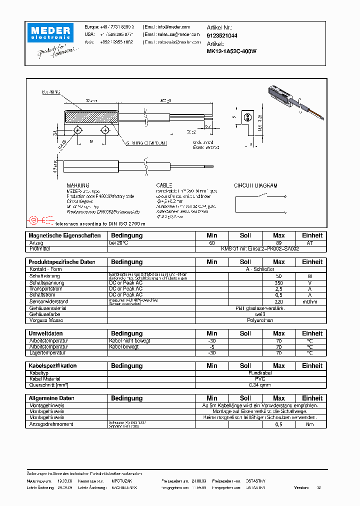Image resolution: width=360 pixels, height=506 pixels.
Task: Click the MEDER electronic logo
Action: pyautogui.click(x=52, y=33)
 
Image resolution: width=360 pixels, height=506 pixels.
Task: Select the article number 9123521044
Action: pyautogui.click(x=222, y=35)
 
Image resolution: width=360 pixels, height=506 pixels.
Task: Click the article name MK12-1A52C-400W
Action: pyautogui.click(x=231, y=51)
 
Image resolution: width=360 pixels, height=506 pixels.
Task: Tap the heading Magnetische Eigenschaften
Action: pyautogui.click(x=64, y=235)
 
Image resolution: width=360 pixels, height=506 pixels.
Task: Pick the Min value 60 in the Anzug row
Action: pyautogui.click(x=211, y=242)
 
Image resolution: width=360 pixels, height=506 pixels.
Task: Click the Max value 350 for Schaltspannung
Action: pyautogui.click(x=278, y=282)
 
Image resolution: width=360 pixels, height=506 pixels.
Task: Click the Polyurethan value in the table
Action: pyautogui.click(x=260, y=320)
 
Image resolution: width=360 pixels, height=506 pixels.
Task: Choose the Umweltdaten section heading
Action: pyautogui.click(x=45, y=333)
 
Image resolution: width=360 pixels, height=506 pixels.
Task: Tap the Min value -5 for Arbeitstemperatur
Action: pyautogui.click(x=211, y=346)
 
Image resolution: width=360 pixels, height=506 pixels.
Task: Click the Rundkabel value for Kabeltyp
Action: pyautogui.click(x=260, y=373)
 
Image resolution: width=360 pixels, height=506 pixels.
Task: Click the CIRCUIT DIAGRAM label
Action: pyautogui.click(x=255, y=185)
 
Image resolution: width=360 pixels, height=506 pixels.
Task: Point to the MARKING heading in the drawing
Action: pyautogui.click(x=78, y=185)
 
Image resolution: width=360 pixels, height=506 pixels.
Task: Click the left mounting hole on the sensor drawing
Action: pyautogui.click(x=78, y=130)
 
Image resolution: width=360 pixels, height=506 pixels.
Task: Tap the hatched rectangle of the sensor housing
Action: pyautogui.click(x=90, y=117)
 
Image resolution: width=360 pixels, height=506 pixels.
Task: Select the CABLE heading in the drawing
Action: pyautogui.click(x=164, y=185)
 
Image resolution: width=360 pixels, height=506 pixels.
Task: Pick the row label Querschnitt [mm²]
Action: pyautogui.click(x=48, y=385)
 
